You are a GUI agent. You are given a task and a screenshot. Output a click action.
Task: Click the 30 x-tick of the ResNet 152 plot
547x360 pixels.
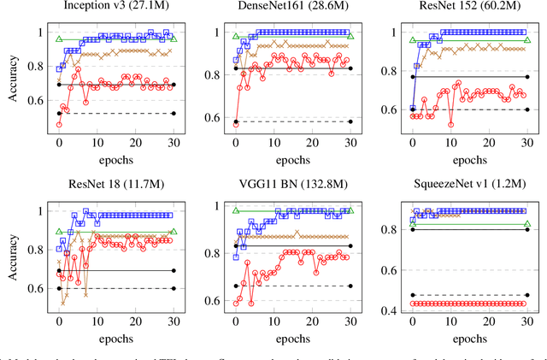click(527, 143)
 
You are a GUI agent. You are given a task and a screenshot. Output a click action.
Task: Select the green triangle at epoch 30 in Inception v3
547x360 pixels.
click(174, 39)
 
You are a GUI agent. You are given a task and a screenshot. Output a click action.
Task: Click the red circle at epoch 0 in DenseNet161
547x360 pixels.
click(236, 123)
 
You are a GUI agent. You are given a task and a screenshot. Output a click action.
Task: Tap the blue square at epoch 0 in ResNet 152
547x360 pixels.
click(413, 109)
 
